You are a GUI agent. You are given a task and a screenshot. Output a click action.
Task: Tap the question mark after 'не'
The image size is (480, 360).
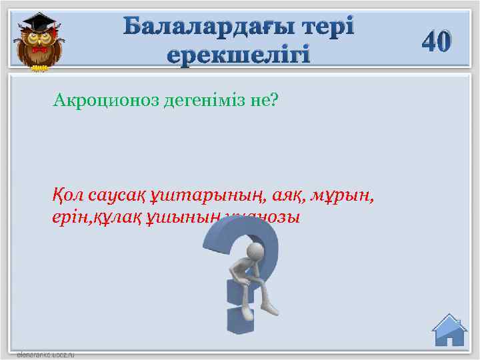[274, 101]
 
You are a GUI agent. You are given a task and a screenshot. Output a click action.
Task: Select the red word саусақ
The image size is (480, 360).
[117, 197]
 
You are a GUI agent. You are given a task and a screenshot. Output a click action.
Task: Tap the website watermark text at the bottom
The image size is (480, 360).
[45, 354]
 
